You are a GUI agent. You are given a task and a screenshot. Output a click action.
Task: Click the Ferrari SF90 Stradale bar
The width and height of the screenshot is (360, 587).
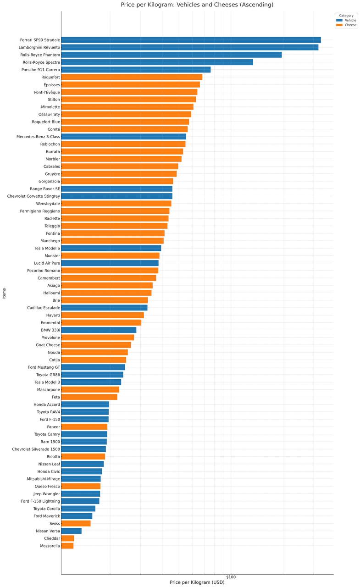(x=191, y=40)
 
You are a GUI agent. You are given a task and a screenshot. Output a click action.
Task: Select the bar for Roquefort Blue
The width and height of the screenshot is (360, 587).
(x=125, y=122)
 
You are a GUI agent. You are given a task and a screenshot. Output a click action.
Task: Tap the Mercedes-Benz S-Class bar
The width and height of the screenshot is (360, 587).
(x=123, y=137)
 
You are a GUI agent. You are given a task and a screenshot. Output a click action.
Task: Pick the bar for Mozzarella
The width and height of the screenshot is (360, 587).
(x=67, y=546)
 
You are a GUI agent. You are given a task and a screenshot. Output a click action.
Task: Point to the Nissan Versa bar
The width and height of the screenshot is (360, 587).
(x=71, y=531)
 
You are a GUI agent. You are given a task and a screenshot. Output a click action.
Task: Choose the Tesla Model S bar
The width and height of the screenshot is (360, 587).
(x=111, y=248)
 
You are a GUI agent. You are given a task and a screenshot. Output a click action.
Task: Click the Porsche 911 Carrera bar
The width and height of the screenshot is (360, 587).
(x=136, y=70)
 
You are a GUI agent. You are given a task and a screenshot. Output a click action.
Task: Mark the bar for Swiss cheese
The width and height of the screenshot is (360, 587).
(x=76, y=523)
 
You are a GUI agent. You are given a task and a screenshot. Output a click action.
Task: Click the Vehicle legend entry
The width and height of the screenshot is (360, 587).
(x=346, y=20)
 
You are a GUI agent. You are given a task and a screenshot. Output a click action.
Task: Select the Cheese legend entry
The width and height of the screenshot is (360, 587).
(x=346, y=25)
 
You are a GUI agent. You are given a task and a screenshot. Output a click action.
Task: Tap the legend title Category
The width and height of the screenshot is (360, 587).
(x=346, y=16)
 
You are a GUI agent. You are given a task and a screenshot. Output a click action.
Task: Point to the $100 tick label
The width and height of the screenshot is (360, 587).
(x=231, y=577)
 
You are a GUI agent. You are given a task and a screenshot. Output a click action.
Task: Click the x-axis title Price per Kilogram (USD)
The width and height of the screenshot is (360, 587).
(x=197, y=582)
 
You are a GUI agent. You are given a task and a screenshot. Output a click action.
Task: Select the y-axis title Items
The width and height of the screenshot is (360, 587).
(x=4, y=293)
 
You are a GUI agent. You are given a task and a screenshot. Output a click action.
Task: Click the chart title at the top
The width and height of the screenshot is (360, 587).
(x=197, y=5)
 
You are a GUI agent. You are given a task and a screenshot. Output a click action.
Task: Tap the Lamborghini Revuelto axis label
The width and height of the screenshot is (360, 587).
(x=39, y=47)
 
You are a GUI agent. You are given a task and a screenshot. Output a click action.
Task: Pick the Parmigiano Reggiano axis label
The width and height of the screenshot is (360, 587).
(x=40, y=211)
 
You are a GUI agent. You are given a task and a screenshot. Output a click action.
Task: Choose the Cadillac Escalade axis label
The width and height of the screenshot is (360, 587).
(x=43, y=308)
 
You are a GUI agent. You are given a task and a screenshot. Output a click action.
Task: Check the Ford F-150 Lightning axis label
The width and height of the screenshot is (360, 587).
(x=40, y=501)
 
